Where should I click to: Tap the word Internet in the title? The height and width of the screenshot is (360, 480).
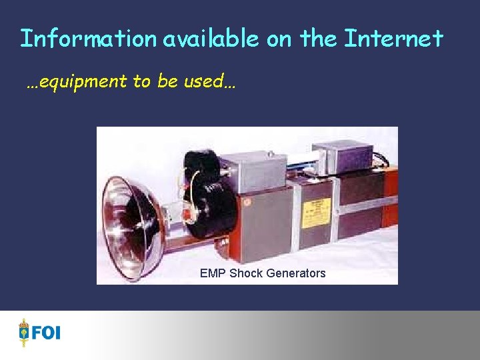click(393, 39)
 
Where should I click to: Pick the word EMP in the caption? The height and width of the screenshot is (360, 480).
click(213, 273)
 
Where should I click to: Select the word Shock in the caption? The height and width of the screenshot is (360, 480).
click(246, 273)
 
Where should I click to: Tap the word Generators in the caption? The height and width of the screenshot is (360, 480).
click(295, 273)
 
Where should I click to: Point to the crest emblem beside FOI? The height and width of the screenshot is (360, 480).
click(24, 332)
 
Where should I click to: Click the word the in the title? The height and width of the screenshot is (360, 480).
click(319, 39)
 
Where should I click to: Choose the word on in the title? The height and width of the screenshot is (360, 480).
click(280, 39)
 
